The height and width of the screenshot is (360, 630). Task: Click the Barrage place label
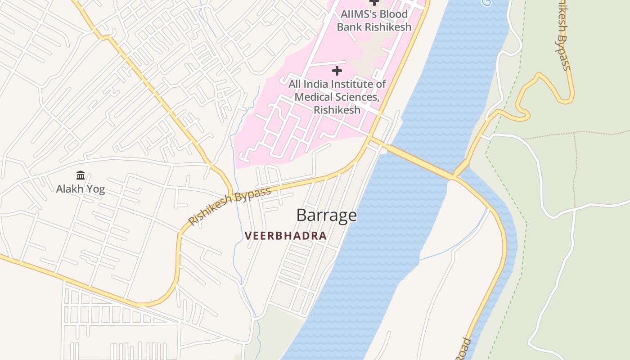click(x=326, y=215)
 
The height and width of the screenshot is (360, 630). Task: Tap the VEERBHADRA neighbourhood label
click(x=285, y=236)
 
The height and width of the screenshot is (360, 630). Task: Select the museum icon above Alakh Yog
click(x=81, y=175)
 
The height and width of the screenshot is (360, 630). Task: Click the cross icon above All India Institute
click(x=337, y=71)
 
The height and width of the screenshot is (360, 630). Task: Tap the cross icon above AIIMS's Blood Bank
click(x=374, y=2)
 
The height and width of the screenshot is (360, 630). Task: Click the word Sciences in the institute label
click(x=356, y=97)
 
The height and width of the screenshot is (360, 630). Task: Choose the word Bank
click(x=349, y=27)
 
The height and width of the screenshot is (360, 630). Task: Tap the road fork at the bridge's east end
click(x=455, y=177)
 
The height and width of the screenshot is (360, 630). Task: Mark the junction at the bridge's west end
click(x=370, y=139)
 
